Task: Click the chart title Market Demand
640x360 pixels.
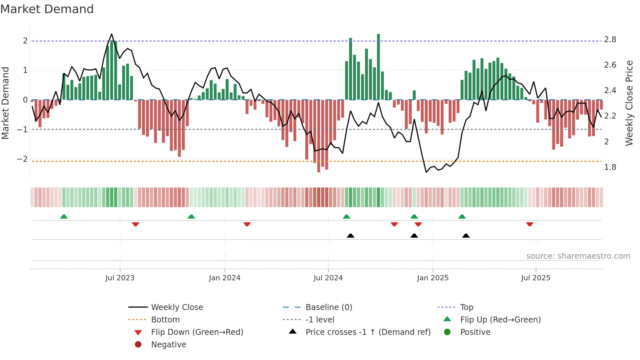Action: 47,9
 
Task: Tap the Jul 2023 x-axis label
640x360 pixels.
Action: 120,278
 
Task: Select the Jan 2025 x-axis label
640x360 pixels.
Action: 433,278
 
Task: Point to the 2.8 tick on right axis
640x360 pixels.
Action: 610,40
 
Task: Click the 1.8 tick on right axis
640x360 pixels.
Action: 610,167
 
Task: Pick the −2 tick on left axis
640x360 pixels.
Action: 22,159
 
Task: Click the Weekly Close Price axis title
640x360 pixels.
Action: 629,103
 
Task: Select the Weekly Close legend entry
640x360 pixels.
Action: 177,307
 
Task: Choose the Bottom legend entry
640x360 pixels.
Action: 165,320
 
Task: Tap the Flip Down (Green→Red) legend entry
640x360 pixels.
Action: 197,332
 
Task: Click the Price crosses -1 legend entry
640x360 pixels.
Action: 368,332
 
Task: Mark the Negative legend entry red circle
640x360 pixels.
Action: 138,345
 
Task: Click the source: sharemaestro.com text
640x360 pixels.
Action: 578,256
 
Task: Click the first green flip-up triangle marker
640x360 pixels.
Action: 64,217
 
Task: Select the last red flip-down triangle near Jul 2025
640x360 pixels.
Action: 530,224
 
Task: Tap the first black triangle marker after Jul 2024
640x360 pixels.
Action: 350,236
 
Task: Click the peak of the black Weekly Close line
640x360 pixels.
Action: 112,34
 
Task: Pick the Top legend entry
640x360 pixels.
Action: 466,307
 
